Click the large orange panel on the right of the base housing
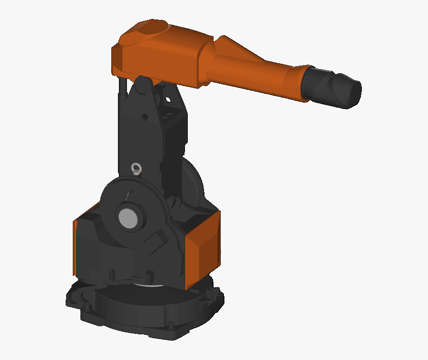tap(203, 251)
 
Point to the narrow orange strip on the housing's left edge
tap(75, 247)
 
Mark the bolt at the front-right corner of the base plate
tap(171, 326)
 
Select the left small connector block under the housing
tap(111, 275)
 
